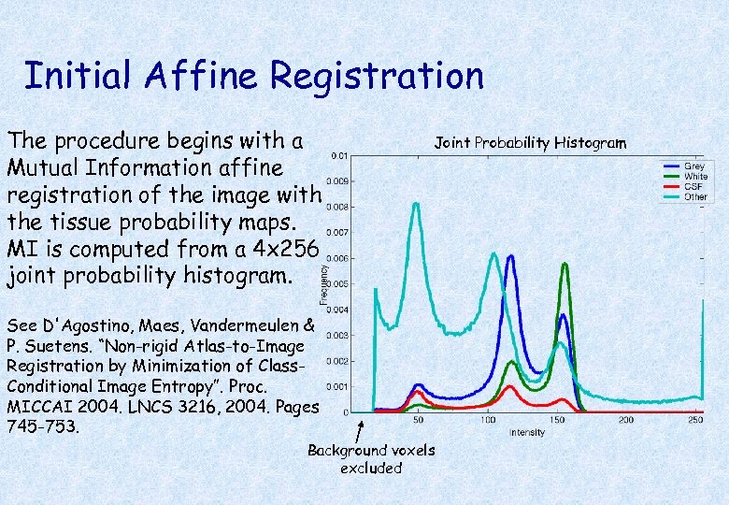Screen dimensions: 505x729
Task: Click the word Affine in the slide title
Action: click(194, 76)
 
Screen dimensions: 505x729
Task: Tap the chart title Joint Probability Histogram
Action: click(530, 142)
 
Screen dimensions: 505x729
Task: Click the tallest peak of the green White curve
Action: click(565, 265)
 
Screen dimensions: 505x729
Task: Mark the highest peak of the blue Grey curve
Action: click(510, 256)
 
